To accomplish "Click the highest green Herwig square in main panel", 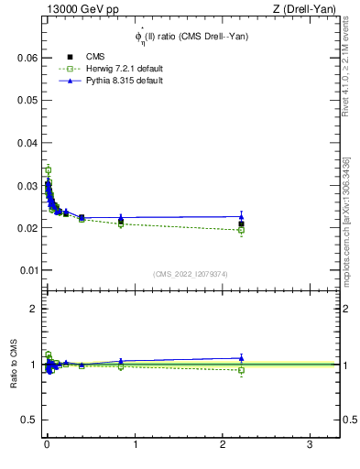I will click(48, 170).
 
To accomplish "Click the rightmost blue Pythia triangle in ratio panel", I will click(241, 358).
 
